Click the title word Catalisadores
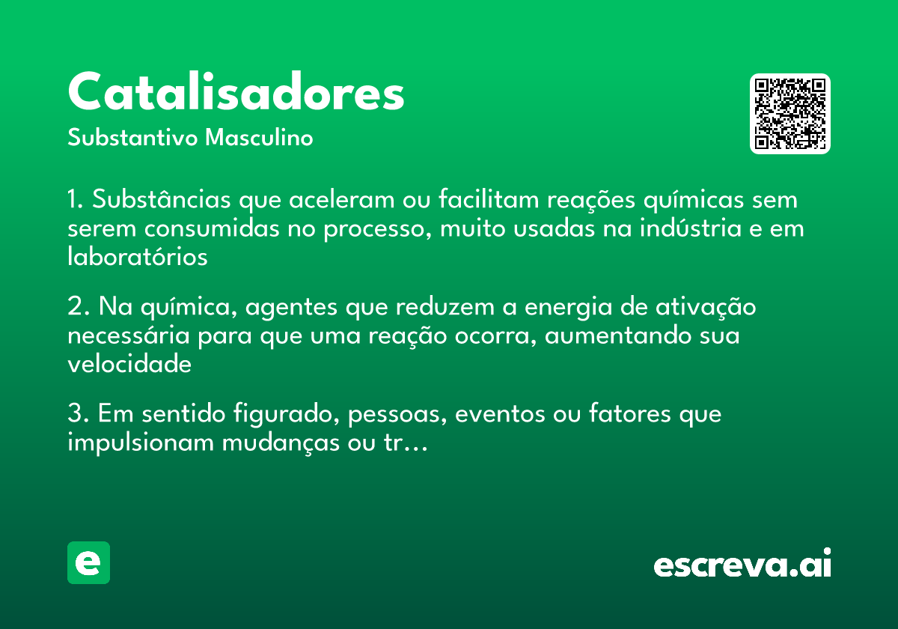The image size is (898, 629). point(236,93)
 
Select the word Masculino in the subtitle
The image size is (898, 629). point(259,138)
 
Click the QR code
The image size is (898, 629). point(790,114)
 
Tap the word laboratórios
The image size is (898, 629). point(138,256)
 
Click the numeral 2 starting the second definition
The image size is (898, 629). point(74,307)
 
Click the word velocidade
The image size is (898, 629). point(129,364)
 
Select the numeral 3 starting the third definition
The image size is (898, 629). point(74,414)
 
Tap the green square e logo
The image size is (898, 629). point(88,562)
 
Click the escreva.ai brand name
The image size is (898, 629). point(742,565)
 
